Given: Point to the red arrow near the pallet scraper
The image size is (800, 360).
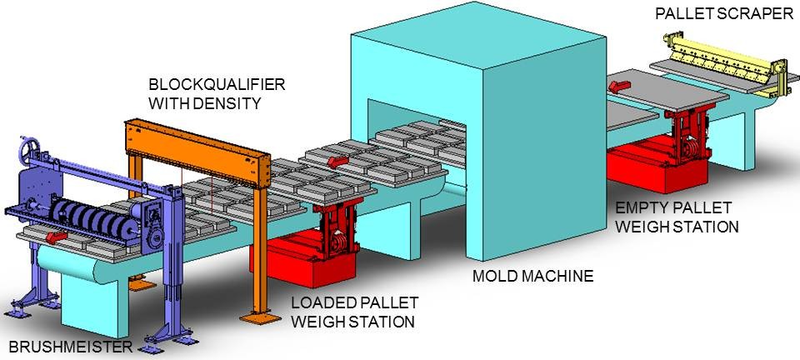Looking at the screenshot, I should (619, 82).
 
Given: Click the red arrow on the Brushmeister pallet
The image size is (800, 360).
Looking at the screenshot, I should (57, 237).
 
